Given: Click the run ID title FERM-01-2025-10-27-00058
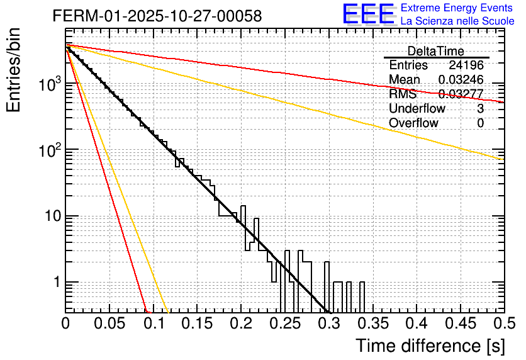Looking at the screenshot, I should click(157, 16).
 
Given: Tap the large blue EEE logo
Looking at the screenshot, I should click(369, 14).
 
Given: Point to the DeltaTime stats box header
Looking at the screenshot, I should click(436, 51).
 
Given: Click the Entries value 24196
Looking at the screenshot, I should click(466, 65).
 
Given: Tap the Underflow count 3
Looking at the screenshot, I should click(480, 109).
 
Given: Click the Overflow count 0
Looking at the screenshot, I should click(480, 123).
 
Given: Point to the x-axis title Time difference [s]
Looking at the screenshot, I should click(429, 346).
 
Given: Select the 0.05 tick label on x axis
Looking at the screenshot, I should click(109, 323).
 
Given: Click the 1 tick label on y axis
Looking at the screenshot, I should click(55, 283).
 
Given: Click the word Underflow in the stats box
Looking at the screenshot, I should click(417, 109).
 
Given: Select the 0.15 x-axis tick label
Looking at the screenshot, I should click(197, 323).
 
